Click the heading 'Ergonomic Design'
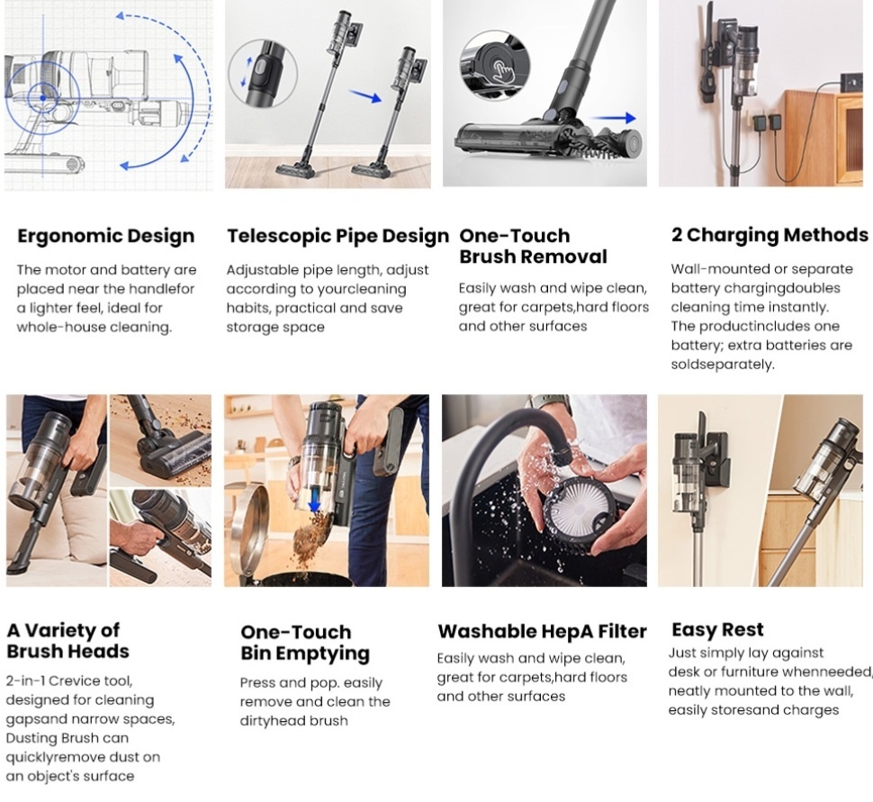(x=106, y=236)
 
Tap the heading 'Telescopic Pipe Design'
(x=337, y=236)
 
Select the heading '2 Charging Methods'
(x=769, y=235)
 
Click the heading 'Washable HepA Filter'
(x=543, y=632)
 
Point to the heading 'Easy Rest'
(x=717, y=630)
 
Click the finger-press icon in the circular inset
(x=505, y=72)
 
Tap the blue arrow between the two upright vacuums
(x=365, y=95)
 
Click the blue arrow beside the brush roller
(x=614, y=118)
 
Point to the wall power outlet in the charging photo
(x=851, y=82)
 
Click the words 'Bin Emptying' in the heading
(x=305, y=653)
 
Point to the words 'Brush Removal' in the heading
(x=533, y=257)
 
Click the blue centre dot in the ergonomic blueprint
(x=43, y=98)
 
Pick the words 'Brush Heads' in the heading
(x=67, y=651)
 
